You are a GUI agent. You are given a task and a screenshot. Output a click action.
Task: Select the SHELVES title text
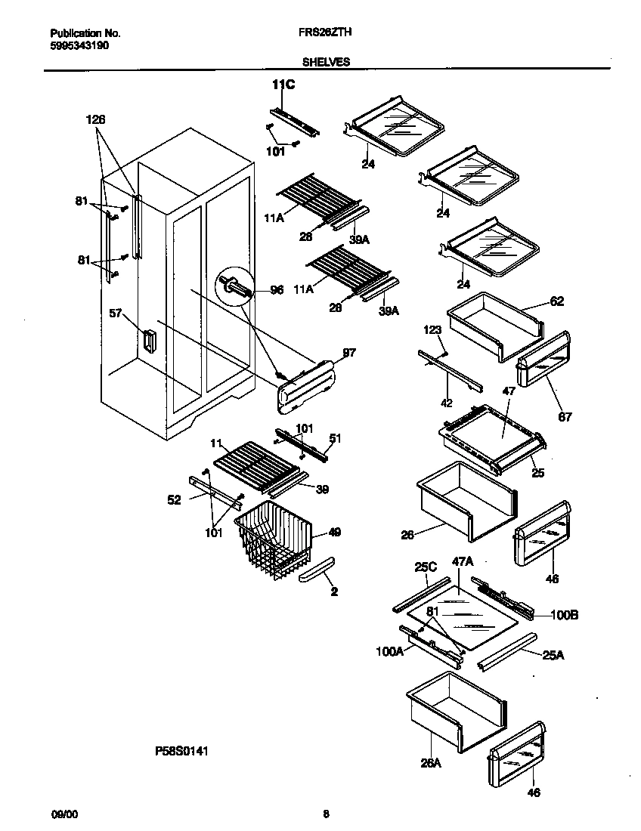click(x=326, y=63)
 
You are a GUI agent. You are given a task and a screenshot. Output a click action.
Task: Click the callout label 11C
click(x=283, y=85)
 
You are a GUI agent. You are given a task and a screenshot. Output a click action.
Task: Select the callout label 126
click(x=96, y=119)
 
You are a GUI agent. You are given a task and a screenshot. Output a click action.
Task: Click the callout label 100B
click(x=564, y=616)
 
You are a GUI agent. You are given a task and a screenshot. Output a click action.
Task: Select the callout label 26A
click(x=430, y=764)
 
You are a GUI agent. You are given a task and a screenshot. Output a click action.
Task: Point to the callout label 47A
click(x=463, y=561)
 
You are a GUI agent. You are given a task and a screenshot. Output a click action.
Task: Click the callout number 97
click(x=348, y=353)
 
